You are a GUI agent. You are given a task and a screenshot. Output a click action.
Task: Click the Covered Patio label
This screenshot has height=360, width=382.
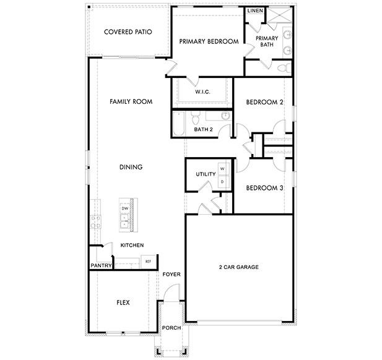128,32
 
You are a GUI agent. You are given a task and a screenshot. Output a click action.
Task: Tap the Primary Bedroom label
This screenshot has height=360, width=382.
209,41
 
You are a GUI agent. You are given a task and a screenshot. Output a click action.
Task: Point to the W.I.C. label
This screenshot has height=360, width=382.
203,92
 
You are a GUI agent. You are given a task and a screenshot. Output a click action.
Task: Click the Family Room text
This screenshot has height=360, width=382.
131,101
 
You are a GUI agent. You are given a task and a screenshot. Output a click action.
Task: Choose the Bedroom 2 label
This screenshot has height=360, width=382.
264,102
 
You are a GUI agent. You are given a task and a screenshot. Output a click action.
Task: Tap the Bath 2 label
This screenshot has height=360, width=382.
203,129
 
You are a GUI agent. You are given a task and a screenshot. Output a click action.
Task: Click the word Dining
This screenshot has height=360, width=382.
131,167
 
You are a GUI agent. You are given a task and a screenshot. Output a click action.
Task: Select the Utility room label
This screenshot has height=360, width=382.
206,174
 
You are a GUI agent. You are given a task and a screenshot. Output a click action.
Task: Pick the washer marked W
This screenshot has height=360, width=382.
222,169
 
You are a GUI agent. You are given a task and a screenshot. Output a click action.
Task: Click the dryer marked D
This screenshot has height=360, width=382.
222,181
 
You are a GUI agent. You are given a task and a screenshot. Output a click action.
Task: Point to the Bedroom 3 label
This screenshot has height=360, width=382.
264,188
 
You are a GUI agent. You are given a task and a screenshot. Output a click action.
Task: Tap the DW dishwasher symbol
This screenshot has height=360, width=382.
124,209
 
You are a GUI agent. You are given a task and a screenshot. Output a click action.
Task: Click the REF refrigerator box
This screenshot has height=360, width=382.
148,262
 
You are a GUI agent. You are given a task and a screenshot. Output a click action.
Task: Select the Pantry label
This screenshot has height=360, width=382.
100,266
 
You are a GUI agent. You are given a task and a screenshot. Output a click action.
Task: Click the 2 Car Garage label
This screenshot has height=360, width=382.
238,267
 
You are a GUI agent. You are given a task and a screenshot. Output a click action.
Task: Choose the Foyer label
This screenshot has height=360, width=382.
171,274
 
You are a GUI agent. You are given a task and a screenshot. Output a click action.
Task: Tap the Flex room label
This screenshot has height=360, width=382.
123,303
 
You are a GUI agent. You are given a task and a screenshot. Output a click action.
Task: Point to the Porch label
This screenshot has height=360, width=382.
170,328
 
